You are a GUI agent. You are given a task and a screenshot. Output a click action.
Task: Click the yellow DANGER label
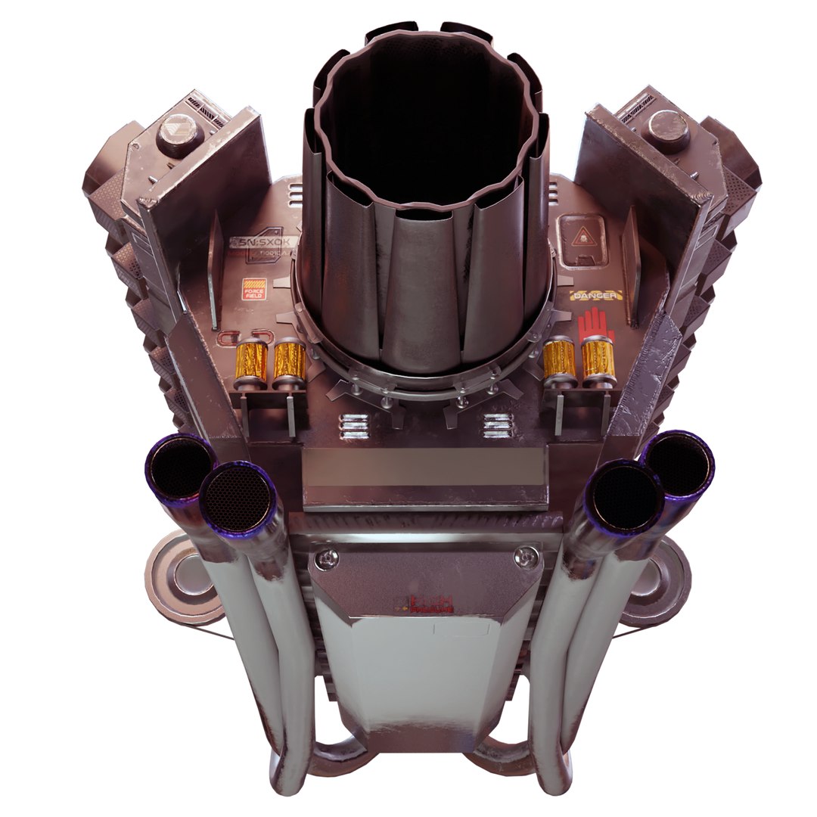coord(597,296)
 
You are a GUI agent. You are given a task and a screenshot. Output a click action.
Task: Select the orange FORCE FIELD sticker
coord(252,290)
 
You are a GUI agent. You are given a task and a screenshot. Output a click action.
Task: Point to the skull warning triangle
coord(580,237)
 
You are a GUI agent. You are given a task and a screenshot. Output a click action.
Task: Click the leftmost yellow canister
coord(253,362)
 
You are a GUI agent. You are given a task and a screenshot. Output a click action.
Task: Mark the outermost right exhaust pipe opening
coord(678,464)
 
